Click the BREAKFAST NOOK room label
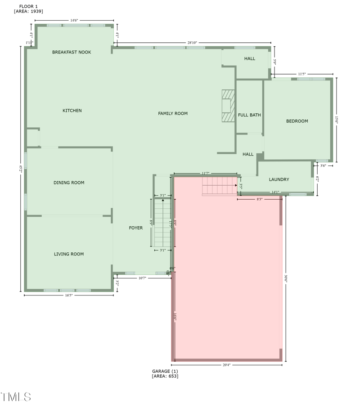click(72, 52)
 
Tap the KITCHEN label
click(72, 111)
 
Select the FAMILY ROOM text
click(173, 113)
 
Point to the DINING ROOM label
click(69, 183)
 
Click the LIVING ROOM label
click(69, 254)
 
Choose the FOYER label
click(136, 228)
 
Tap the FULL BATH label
click(249, 115)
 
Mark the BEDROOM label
click(297, 121)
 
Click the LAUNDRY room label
click(279, 179)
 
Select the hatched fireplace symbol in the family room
click(228, 106)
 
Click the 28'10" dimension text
click(192, 43)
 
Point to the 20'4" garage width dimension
click(226, 365)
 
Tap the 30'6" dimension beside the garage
click(286, 279)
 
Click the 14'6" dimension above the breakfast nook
click(74, 20)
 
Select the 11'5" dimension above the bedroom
click(302, 74)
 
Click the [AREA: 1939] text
click(28, 11)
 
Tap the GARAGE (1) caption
click(165, 371)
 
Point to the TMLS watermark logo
click(16, 397)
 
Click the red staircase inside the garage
click(220, 186)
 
